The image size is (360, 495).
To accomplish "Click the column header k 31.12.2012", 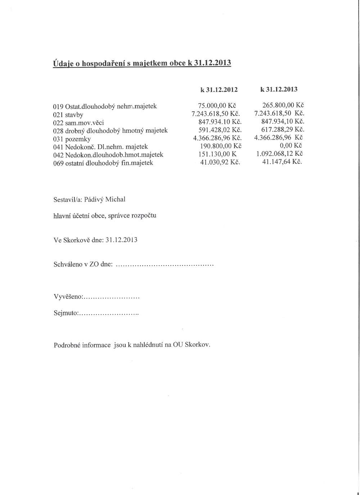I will click(x=219, y=90).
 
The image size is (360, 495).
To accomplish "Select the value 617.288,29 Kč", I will click(x=283, y=129).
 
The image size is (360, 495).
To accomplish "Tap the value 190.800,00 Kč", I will click(x=221, y=146).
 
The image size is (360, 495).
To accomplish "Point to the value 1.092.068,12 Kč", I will click(x=279, y=154).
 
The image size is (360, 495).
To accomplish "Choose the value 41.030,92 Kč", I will click(x=220, y=162).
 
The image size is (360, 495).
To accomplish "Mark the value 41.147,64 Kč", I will click(x=282, y=162).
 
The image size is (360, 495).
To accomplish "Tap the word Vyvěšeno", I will click(x=68, y=297).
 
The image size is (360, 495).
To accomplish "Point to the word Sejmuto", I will click(x=65, y=313).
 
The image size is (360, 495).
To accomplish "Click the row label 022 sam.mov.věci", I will click(x=78, y=123).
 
